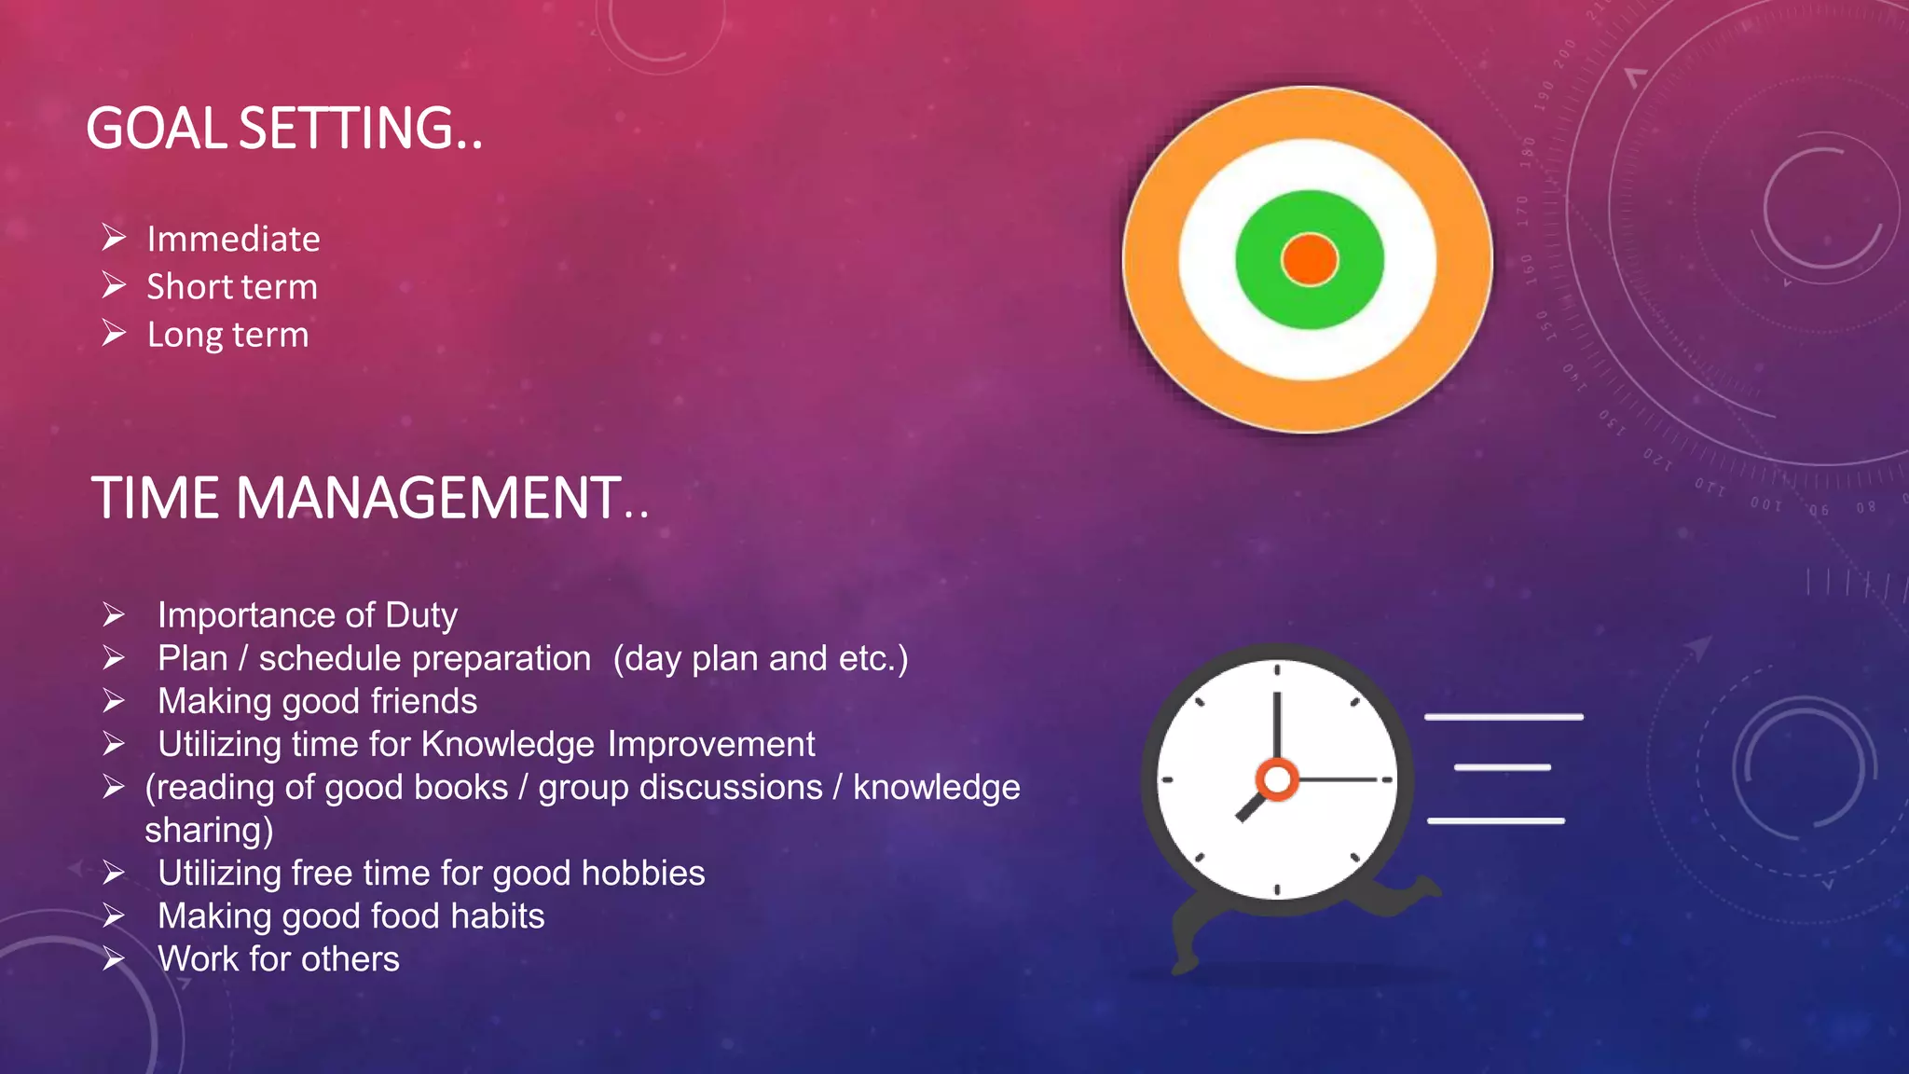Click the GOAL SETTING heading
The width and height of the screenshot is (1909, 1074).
click(x=284, y=129)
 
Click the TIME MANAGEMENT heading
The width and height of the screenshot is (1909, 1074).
click(x=369, y=498)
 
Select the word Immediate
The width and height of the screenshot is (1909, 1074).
click(x=233, y=240)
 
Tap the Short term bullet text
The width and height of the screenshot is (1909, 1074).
click(x=232, y=287)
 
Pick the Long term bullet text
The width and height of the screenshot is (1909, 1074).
click(x=227, y=335)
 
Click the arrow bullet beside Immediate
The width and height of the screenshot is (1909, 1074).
click(x=114, y=238)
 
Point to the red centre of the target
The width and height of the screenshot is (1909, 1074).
click(x=1309, y=259)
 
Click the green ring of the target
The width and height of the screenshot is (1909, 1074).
click(x=1258, y=280)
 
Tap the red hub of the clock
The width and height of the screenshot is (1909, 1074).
click(x=1277, y=778)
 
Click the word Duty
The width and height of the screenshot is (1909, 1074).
click(x=421, y=615)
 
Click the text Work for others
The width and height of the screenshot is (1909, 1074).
click(x=279, y=958)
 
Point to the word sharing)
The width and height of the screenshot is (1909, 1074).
click(x=209, y=830)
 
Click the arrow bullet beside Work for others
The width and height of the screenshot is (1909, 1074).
click(x=114, y=958)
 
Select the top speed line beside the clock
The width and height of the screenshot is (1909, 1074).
click(x=1504, y=717)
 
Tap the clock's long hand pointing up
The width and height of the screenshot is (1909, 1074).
click(x=1277, y=727)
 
